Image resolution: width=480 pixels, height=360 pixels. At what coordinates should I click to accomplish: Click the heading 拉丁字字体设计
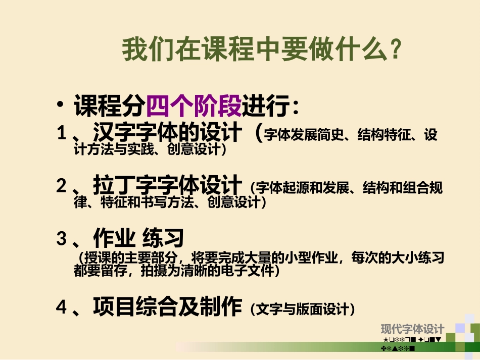(168, 185)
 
